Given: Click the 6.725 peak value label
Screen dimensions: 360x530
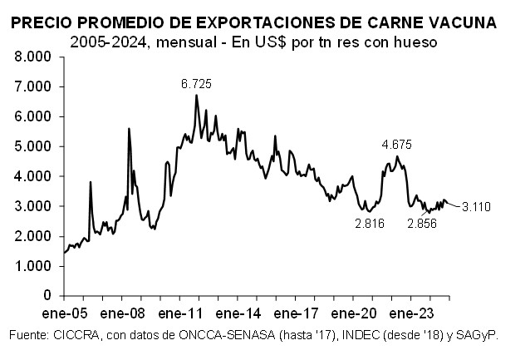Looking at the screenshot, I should click(197, 83).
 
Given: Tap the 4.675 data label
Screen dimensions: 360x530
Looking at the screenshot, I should click(397, 144).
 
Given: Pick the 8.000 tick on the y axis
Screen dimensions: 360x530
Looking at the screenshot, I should click(34, 57).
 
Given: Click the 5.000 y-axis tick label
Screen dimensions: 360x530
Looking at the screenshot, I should click(34, 146).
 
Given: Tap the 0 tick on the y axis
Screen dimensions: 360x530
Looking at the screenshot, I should click(48, 296).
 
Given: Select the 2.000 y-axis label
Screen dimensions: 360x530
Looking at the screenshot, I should click(34, 236).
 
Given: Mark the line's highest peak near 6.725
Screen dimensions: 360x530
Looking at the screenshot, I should click(197, 95).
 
